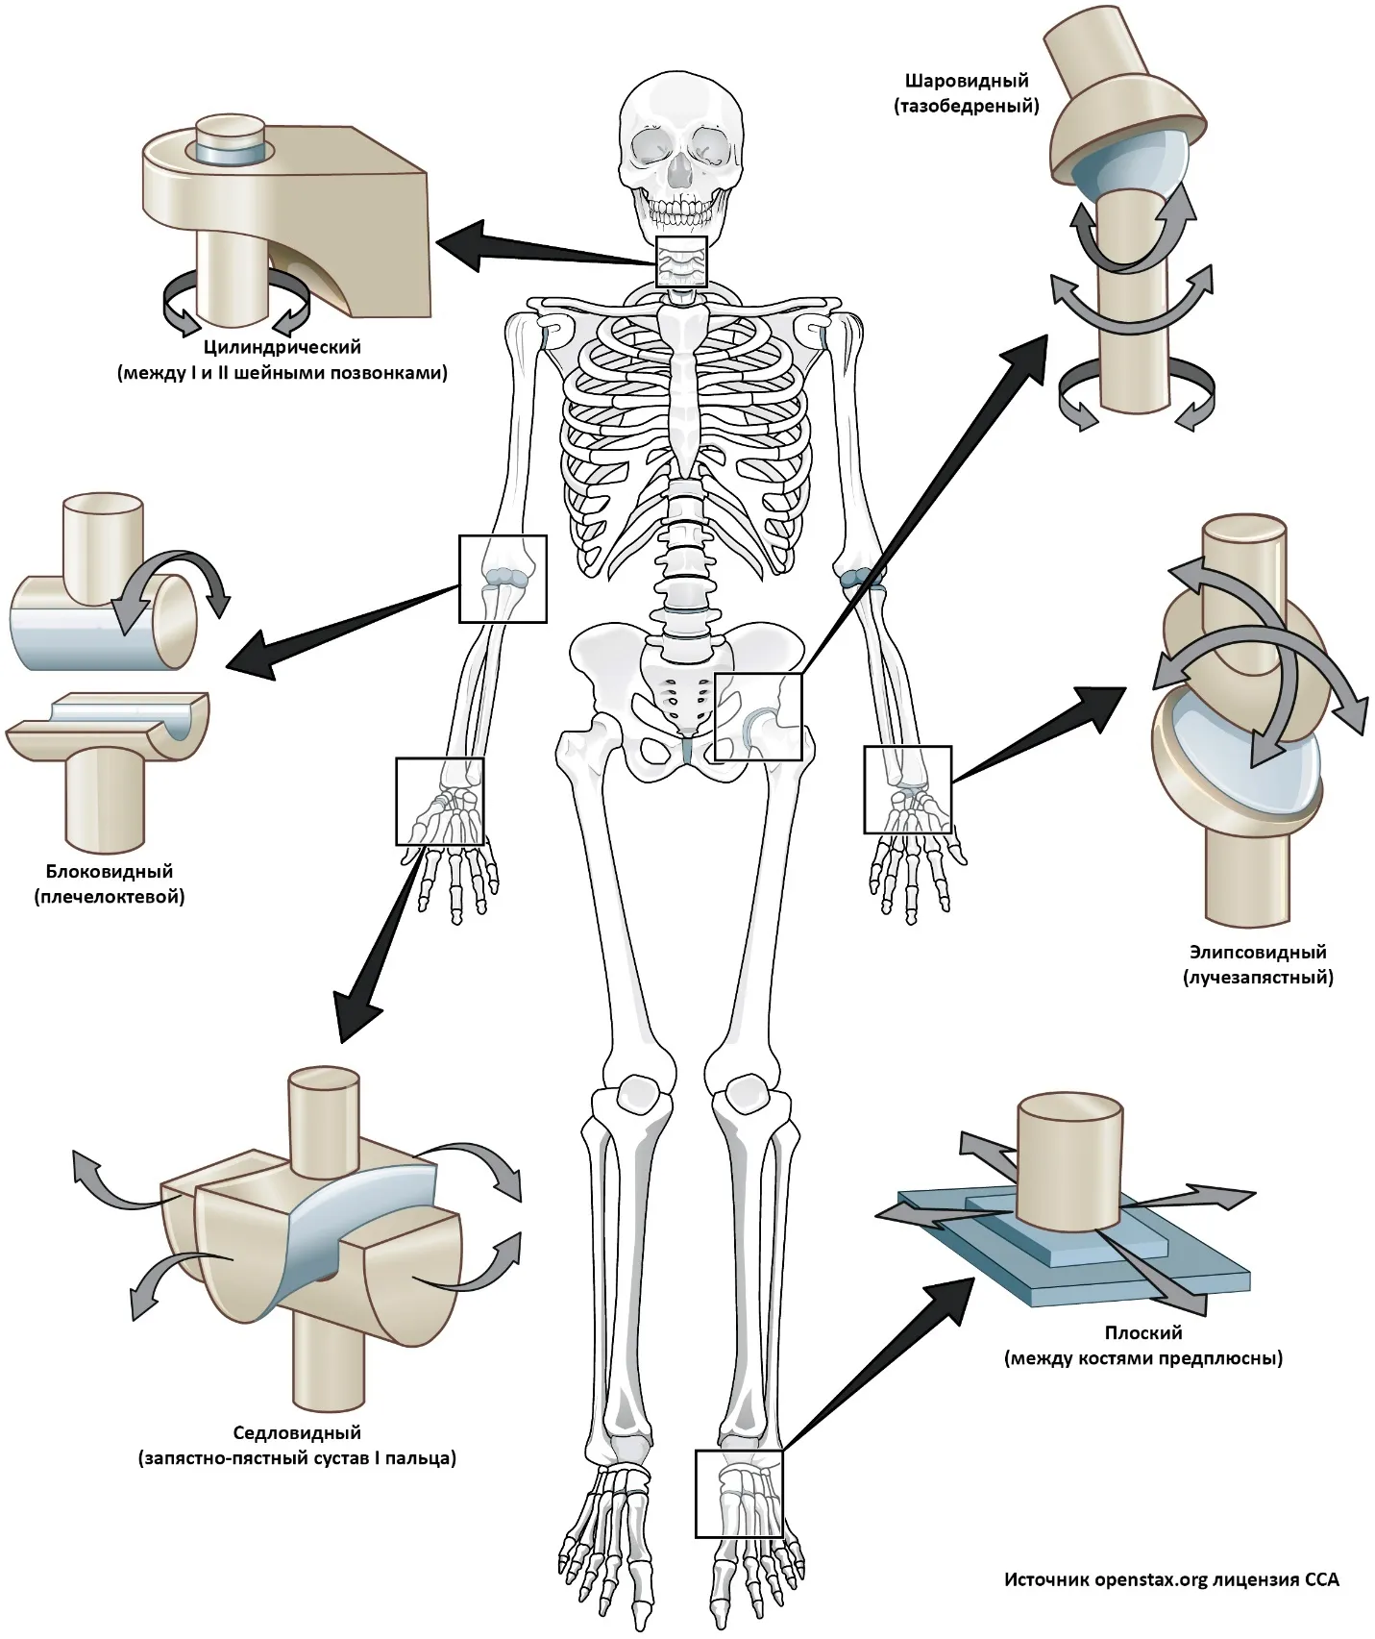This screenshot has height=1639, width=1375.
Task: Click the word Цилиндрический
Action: point(282,347)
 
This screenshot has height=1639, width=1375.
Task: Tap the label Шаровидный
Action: point(966,81)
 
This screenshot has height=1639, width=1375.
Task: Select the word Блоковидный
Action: point(110,872)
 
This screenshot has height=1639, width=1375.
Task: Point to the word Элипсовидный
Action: point(1257,953)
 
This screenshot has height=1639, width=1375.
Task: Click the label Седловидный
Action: point(297,1433)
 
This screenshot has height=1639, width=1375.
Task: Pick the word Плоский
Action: point(1142,1333)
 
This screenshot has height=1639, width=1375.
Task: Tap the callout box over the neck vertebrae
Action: point(681,261)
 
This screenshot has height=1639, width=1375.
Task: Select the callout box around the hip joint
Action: point(758,716)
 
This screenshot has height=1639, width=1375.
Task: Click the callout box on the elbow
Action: point(503,579)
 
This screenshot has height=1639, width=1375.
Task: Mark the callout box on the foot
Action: point(738,1493)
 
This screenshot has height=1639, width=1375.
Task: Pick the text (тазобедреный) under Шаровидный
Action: point(966,107)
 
